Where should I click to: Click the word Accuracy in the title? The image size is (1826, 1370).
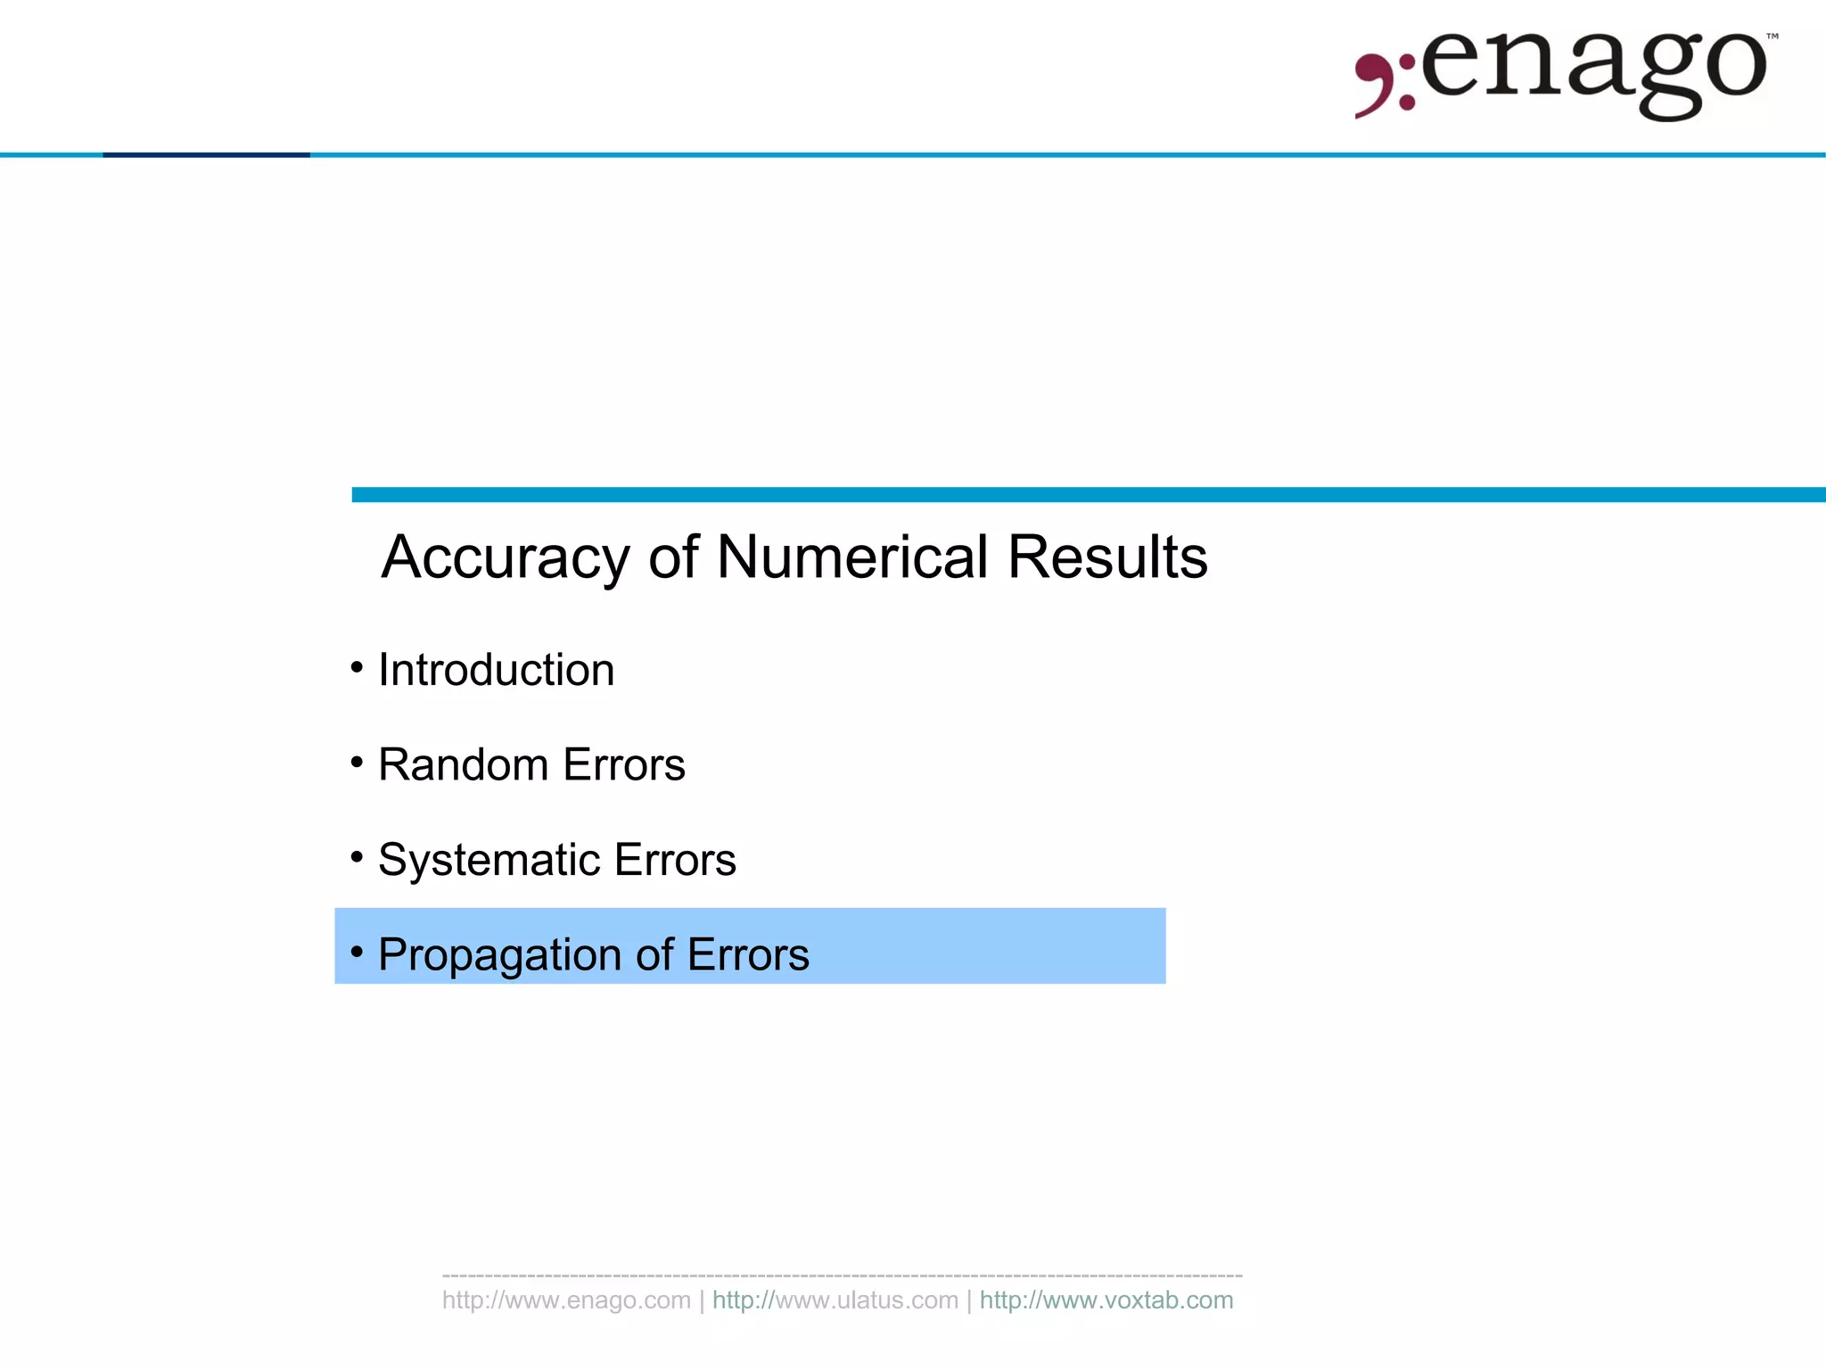tap(506, 557)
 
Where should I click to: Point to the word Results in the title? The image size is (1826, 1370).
tap(1107, 557)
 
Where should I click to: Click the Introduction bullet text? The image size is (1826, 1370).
tap(497, 670)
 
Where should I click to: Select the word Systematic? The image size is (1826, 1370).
tap(489, 861)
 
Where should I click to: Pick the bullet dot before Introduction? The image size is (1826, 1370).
tap(357, 667)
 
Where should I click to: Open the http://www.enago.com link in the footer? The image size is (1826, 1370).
tap(566, 1300)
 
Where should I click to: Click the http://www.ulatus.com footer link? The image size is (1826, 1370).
tap(835, 1300)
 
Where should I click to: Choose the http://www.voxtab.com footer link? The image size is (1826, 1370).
tap(1106, 1300)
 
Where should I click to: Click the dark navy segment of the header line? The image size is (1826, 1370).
tap(206, 155)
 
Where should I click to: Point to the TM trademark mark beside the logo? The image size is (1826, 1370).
tap(1773, 37)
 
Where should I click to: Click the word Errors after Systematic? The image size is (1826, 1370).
tap(675, 861)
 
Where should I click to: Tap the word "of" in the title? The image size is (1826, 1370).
tap(673, 557)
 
